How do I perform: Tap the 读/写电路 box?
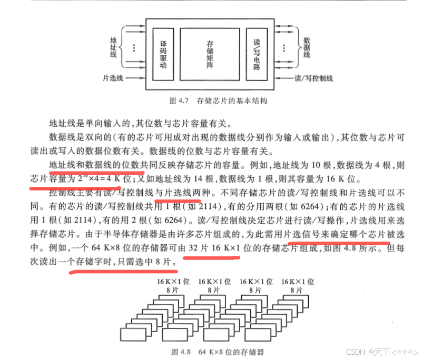[x=257, y=52]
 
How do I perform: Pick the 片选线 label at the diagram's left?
[x=113, y=78]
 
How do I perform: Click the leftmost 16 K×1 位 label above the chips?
[x=170, y=282]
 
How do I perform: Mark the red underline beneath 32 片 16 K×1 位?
[x=211, y=258]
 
